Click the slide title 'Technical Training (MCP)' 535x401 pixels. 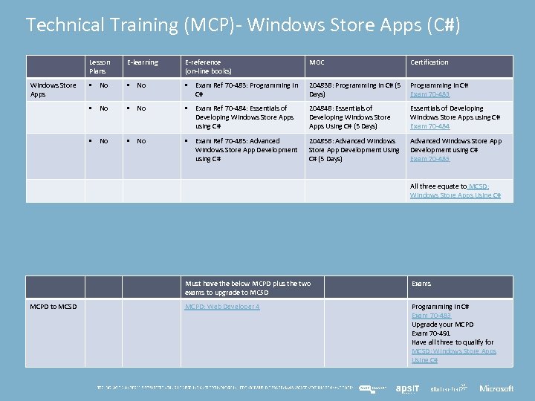coord(243,25)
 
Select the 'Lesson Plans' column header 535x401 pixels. coord(100,67)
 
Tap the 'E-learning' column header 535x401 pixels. coord(142,62)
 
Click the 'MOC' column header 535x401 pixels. coord(317,62)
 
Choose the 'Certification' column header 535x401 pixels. coord(429,62)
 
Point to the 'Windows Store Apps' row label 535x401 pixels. coord(53,90)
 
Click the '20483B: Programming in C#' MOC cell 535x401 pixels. coord(354,90)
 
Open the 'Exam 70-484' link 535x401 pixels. coord(429,126)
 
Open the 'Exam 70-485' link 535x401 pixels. coord(429,159)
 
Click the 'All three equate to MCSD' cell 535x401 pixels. coord(455,191)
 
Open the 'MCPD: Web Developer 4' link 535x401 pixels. coord(222,307)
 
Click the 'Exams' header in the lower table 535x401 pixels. coord(421,284)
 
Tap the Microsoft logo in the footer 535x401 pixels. coord(496,388)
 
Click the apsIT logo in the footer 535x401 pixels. coord(407,388)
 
